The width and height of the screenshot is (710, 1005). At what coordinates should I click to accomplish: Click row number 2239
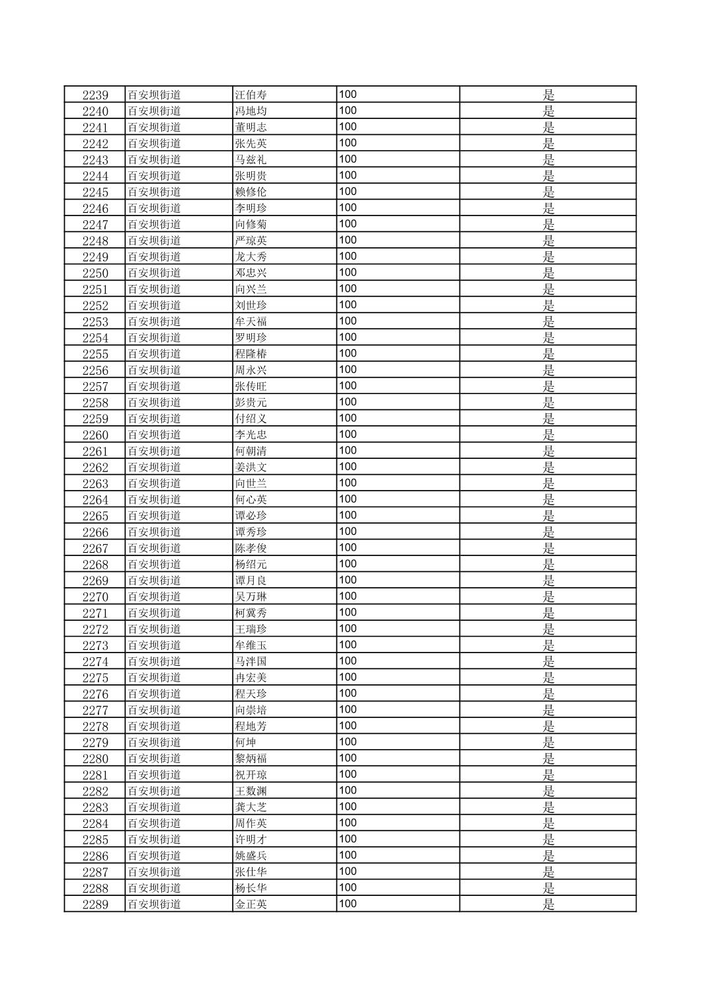tap(95, 95)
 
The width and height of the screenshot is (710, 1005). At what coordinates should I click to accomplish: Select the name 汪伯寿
tap(251, 95)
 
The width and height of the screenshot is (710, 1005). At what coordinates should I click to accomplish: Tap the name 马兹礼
tap(251, 159)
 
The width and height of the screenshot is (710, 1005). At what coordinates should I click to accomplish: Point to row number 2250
tap(95, 273)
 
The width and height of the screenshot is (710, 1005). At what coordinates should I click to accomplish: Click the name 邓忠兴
tap(251, 273)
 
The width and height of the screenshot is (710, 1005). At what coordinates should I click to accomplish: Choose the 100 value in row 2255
tap(348, 354)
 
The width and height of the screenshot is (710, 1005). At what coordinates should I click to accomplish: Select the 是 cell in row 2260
tap(548, 435)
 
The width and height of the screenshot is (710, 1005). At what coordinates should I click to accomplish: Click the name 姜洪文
tap(251, 467)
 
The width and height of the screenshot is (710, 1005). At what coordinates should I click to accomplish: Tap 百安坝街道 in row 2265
tap(154, 516)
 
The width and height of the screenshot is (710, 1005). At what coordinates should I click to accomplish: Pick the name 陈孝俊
tap(251, 548)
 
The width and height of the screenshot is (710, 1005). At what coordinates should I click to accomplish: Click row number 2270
tap(95, 597)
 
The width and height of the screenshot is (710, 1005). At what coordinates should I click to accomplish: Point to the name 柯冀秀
tap(251, 613)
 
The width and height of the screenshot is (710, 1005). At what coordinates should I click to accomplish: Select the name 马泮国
tap(251, 661)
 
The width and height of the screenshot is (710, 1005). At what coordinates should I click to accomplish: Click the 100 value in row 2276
tap(348, 694)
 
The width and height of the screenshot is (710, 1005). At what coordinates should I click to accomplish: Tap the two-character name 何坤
tap(246, 743)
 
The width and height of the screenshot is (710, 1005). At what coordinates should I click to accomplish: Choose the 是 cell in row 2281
tap(548, 775)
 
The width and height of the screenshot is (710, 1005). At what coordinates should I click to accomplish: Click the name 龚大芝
tap(251, 807)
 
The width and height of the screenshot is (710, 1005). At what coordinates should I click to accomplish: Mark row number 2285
tap(95, 840)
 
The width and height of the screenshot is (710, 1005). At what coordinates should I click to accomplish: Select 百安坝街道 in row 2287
tap(154, 872)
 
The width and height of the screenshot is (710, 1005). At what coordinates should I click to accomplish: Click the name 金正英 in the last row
tap(251, 904)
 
